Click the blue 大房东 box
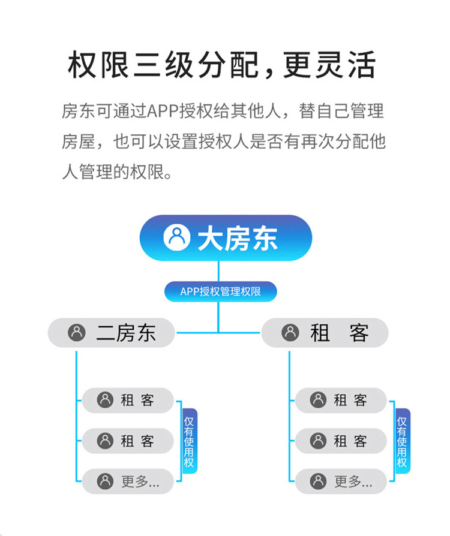(226, 238)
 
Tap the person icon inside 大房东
(176, 238)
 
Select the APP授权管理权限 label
(220, 292)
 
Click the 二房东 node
(111, 333)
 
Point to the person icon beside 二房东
(77, 333)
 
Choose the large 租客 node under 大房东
(325, 333)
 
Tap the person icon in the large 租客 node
(290, 333)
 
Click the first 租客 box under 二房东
(127, 401)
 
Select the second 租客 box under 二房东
(127, 441)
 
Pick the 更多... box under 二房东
(127, 481)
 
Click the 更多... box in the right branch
(341, 481)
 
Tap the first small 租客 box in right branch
(341, 401)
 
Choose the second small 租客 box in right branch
(341, 441)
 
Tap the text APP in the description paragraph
(160, 112)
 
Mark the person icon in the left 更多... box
(106, 481)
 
